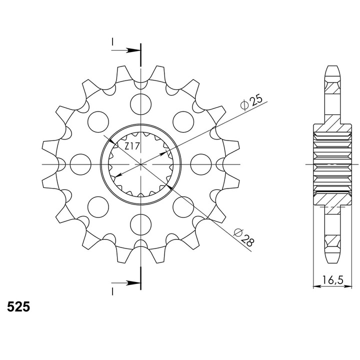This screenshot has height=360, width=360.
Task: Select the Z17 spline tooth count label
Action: coord(132,146)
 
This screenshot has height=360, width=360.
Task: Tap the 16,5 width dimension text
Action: coord(332,280)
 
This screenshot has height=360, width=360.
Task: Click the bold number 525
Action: coord(18,306)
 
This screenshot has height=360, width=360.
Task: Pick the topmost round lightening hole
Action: coord(140,104)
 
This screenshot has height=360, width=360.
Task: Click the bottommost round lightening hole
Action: coord(140,224)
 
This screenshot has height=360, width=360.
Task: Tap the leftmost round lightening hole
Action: coord(80,164)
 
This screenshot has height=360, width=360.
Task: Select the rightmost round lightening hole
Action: coord(201,164)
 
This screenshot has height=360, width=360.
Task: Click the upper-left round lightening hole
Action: coord(98,121)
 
